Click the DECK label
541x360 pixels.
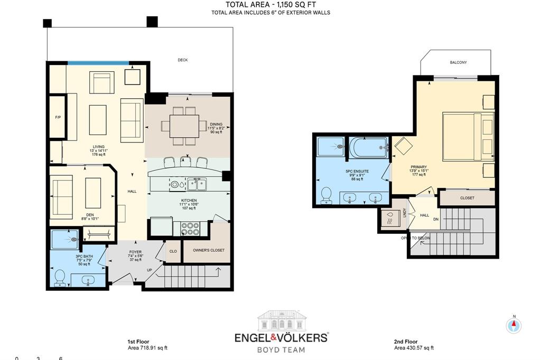[182, 60]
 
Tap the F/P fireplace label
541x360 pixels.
[58, 117]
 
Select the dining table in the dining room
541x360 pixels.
[184, 126]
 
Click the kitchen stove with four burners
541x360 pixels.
[190, 229]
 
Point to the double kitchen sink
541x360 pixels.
[197, 184]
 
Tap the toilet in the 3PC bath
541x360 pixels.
[60, 278]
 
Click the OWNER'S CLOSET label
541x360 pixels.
[208, 250]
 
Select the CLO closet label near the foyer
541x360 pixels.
[173, 251]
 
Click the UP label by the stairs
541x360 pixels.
[150, 270]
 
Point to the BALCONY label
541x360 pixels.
[458, 62]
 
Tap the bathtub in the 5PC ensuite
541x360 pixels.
[369, 147]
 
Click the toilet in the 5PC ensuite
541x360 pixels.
[326, 195]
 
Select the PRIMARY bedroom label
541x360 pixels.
[418, 167]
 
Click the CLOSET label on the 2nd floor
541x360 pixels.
[467, 198]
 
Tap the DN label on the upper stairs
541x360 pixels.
[436, 219]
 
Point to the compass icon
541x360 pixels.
[514, 325]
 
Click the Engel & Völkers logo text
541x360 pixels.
[281, 337]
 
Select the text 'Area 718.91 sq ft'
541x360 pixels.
[148, 348]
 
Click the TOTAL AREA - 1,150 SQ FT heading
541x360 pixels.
[271, 4]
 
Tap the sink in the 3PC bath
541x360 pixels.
[88, 280]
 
